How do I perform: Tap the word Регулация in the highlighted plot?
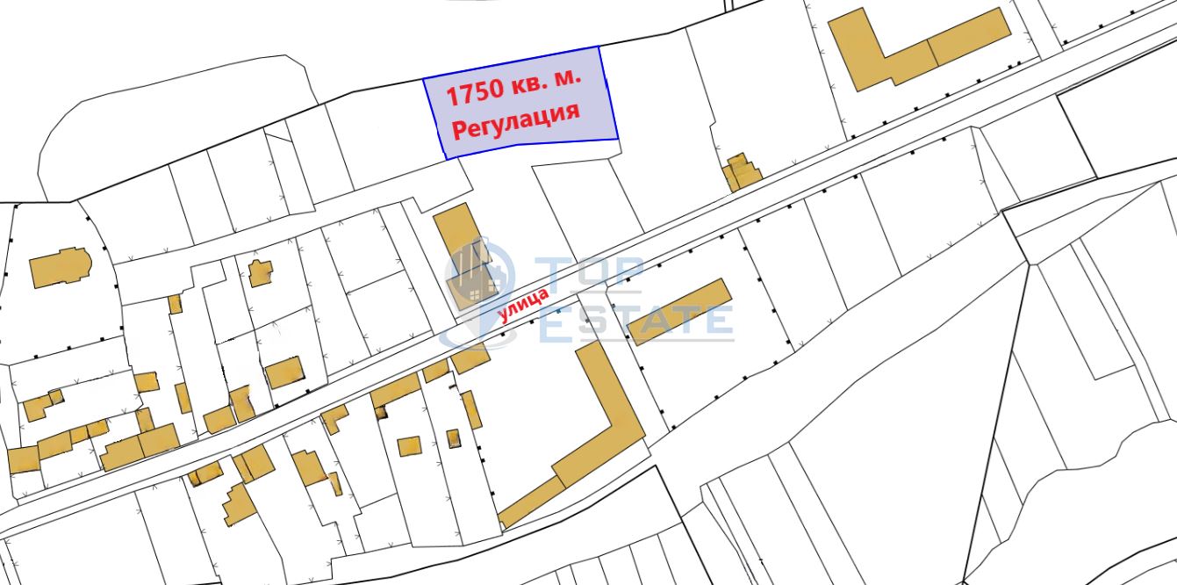[x=514, y=122]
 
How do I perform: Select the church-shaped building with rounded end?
[x=61, y=267]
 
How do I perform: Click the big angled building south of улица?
[x=579, y=439]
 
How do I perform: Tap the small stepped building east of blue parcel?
[x=741, y=172]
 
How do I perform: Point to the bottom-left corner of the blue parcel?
[x=446, y=158]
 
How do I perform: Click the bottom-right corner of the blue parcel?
[x=618, y=138]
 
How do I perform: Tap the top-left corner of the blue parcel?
[x=424, y=79]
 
